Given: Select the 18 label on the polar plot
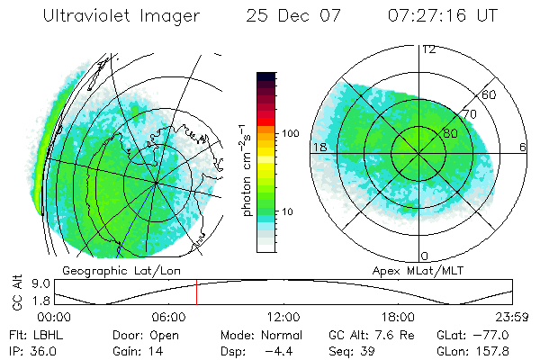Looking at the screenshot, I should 319,146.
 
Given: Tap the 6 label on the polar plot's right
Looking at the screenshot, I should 523,146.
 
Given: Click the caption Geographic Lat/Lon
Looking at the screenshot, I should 104,270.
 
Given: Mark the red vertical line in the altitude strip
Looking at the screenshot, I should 196,293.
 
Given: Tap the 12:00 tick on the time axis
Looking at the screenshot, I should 283,318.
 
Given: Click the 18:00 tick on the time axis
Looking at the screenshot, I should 398,318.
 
